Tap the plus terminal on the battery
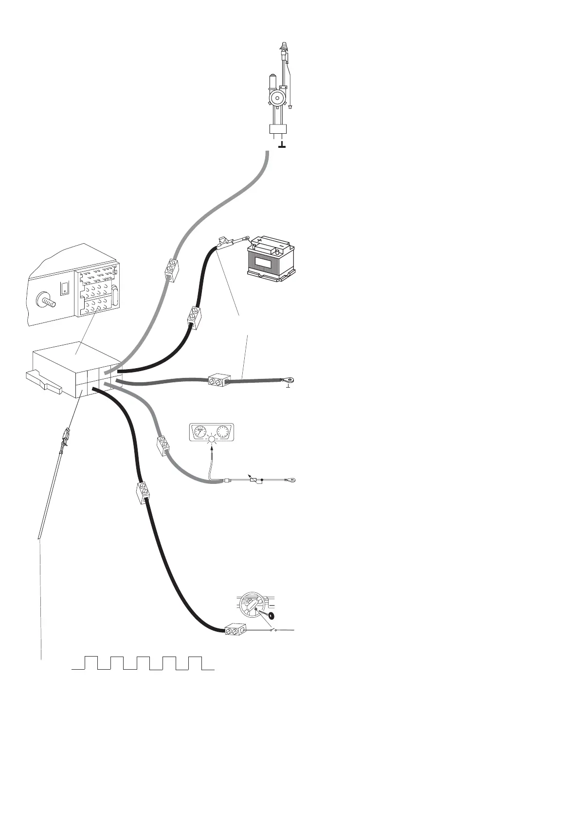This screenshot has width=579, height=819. [259, 240]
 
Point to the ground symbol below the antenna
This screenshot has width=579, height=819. [282, 145]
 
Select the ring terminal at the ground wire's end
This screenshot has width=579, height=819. [291, 380]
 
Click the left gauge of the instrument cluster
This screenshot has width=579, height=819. [200, 431]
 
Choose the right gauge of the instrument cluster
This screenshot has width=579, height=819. [224, 431]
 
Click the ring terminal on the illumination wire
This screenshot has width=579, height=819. [290, 481]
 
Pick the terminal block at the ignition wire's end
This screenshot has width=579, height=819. [235, 631]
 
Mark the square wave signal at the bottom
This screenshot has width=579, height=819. [143, 663]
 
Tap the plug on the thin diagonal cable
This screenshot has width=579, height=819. [64, 438]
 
